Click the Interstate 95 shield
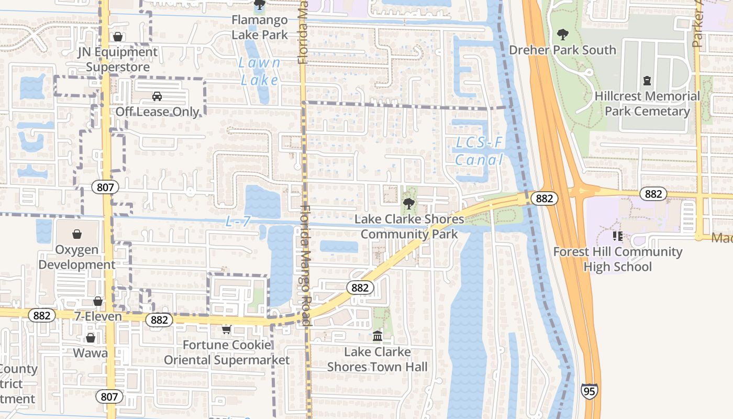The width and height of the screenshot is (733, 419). pos(589,391)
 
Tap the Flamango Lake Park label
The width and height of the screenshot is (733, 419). pos(260,28)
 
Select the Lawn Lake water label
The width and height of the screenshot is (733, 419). pos(260,71)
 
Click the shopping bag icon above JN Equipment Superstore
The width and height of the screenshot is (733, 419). pos(118,37)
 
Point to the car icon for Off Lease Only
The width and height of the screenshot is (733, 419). pos(157,96)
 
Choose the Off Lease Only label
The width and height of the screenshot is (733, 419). pos(157,112)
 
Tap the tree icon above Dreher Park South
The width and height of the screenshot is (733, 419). pos(563,35)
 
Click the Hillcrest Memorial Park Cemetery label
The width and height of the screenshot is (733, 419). pos(647,104)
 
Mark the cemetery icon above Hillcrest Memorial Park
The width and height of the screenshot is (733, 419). pos(647,81)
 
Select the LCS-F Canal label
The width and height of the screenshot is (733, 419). pos(479,151)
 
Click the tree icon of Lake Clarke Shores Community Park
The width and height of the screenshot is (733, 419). pos(408,204)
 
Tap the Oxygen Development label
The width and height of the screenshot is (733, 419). pos(76,257)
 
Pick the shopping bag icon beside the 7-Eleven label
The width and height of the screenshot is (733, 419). pos(97,301)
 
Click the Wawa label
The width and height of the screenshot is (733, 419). pos(91,352)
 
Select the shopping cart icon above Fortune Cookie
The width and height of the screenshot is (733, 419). pos(226,329)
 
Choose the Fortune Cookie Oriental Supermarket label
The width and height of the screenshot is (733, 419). pos(227,352)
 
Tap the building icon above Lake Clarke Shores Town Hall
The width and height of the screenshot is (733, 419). pos(377,336)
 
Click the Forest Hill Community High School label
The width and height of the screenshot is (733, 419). pos(618,259)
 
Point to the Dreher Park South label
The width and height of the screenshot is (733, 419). pos(563,50)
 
